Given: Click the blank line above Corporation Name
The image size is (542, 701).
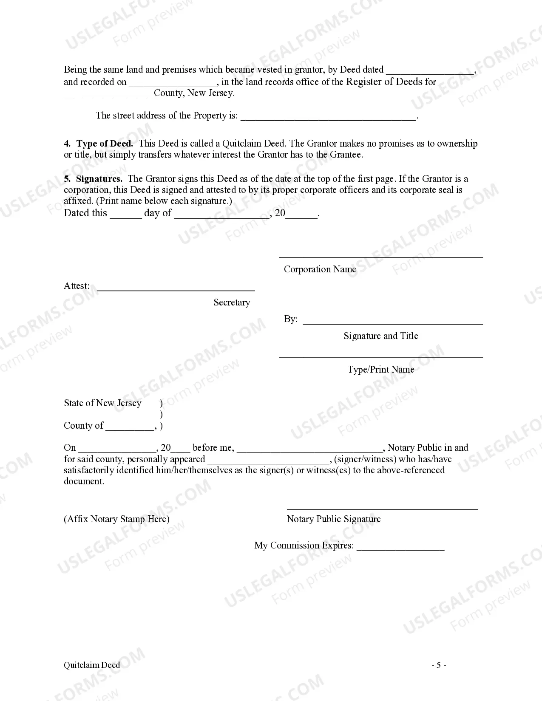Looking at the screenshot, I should (380, 256).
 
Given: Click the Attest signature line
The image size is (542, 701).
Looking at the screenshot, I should (176, 289).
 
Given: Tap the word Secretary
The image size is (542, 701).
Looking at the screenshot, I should (232, 302).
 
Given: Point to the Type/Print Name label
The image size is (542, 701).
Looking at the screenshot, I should (380, 370).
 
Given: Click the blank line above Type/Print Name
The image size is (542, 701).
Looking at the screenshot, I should (380, 357).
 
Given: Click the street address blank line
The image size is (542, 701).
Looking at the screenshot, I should (328, 119).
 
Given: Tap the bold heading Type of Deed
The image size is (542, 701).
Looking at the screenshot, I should (105, 144).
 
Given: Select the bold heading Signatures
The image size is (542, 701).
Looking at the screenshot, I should (99, 179).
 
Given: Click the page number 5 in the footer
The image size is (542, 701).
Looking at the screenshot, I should (439, 665).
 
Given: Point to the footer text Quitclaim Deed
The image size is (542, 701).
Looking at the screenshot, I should (92, 665).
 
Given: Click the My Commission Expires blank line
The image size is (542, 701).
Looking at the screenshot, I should (400, 548).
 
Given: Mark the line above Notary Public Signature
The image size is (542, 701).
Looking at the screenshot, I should (382, 508).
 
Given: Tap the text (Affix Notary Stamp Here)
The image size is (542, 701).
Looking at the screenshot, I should (116, 519).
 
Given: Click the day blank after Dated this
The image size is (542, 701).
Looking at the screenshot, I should (126, 216).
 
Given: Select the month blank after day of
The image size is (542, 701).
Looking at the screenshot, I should (222, 216).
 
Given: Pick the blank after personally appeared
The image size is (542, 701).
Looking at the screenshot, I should (268, 462).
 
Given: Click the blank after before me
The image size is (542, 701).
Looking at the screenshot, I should (310, 451).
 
